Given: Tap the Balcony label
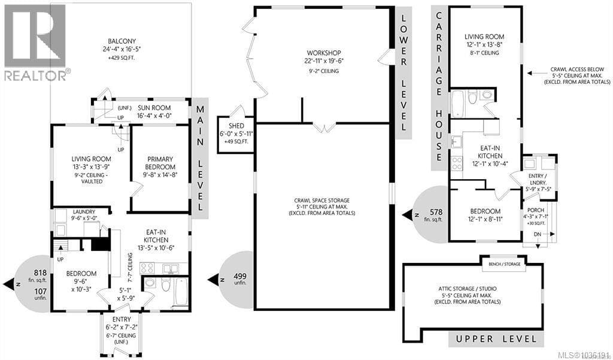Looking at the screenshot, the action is (x=122, y=41).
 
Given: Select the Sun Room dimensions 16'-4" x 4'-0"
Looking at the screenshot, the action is (x=154, y=116).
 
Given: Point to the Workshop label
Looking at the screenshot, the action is (x=324, y=53).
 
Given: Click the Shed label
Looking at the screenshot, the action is (x=236, y=126).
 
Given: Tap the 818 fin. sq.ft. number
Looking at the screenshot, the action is (x=40, y=273).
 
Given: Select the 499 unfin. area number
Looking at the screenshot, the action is (x=240, y=276).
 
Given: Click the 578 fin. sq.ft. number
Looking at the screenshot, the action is (x=436, y=212).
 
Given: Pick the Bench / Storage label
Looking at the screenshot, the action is (x=504, y=264).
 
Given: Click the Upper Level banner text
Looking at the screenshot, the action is (x=495, y=339).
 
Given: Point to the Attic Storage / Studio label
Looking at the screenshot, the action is (x=467, y=289).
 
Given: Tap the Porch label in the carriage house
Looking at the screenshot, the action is (x=535, y=210).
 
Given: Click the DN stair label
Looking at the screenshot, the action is (x=537, y=234).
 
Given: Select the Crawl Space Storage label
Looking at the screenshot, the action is (x=321, y=200).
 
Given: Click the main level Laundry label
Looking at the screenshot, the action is (x=84, y=211).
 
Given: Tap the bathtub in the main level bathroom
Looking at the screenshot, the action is (x=181, y=293).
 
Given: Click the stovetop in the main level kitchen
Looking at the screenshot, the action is (x=147, y=268).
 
